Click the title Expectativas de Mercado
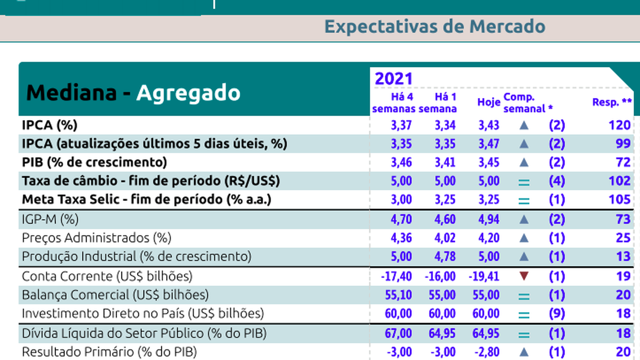434,26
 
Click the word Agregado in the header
188,92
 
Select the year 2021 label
393,78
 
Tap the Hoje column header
488,102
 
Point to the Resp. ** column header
612,102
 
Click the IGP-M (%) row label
50,219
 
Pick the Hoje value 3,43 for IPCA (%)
488,125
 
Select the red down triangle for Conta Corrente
524,276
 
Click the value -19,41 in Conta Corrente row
485,276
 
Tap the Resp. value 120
619,125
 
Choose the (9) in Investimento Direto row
557,314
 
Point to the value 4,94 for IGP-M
488,219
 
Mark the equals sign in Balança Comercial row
524,295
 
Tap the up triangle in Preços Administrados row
524,238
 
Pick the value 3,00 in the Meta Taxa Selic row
401,200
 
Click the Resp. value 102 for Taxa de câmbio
619,181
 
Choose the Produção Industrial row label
136,257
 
